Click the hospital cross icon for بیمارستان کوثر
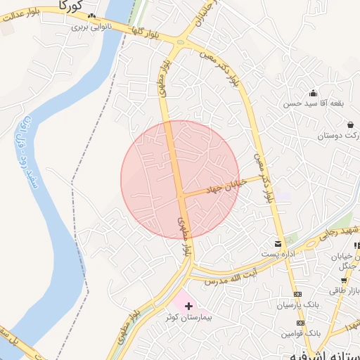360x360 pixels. tap(188, 305)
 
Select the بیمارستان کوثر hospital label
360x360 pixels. tap(187, 317)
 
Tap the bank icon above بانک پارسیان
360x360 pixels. tap(297, 295)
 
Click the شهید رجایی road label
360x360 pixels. tap(338, 233)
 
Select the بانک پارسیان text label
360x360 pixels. tap(297, 306)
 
